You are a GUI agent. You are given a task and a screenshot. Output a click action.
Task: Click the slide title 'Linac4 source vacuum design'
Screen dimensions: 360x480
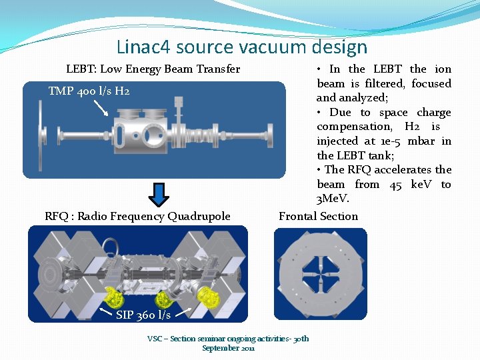[241, 47]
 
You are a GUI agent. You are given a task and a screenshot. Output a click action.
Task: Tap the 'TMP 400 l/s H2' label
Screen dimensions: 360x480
[89, 91]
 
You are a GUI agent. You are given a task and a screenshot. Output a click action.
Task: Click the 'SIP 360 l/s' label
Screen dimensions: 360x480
[143, 315]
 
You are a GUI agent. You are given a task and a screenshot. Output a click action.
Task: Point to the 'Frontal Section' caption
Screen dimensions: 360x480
[318, 216]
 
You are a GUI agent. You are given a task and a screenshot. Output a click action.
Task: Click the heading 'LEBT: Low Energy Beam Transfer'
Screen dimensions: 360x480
[153, 69]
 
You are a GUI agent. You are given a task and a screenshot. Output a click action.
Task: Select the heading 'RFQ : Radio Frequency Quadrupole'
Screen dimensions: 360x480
[137, 216]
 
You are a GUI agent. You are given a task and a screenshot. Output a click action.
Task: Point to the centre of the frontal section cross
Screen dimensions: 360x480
[321, 274]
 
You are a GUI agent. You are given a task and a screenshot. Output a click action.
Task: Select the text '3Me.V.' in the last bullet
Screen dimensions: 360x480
[333, 199]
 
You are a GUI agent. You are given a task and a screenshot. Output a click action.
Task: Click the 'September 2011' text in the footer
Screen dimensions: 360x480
[228, 348]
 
